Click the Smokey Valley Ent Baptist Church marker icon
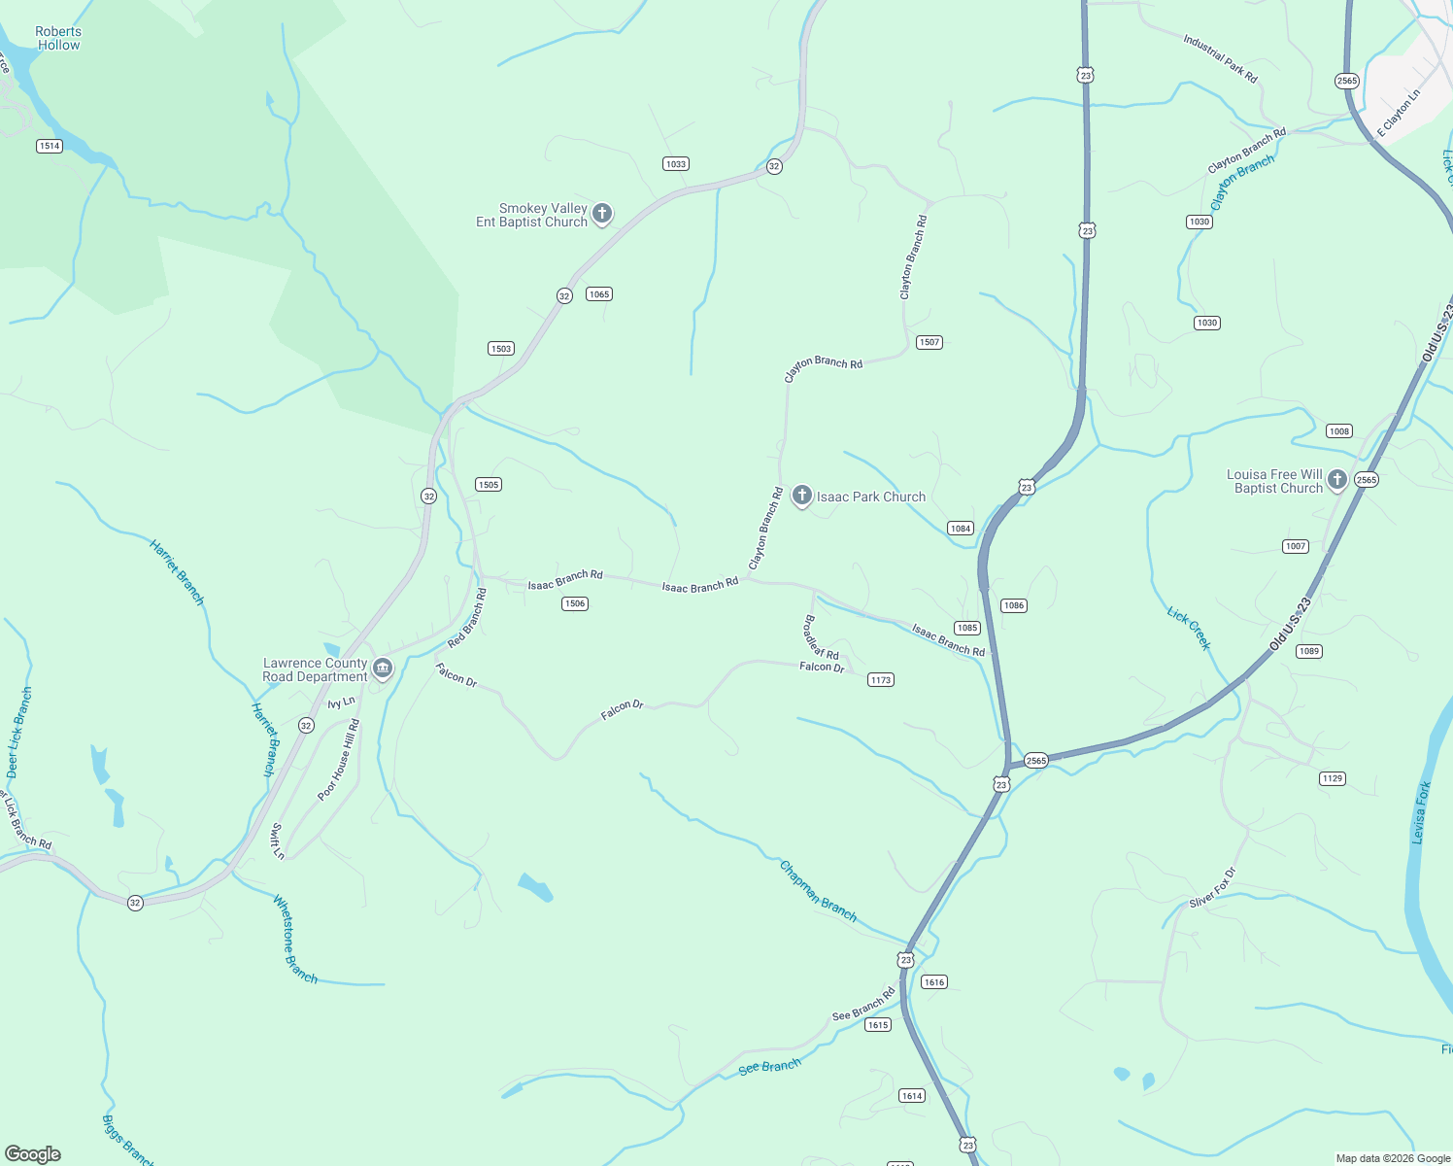(602, 213)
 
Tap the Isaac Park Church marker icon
(802, 496)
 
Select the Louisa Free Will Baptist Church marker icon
(1337, 479)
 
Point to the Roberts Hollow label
(58, 38)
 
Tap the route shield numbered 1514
(50, 146)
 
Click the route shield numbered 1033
(676, 163)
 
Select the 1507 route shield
(929, 342)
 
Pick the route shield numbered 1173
(881, 680)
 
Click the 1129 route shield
(1333, 778)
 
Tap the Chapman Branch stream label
(818, 891)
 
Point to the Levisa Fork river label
(1421, 812)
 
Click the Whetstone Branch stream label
(294, 939)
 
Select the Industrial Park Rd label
(1220, 58)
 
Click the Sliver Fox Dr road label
(1213, 888)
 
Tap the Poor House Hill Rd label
(339, 760)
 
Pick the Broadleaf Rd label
(821, 637)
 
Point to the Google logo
(33, 1153)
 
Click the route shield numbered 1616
(934, 982)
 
